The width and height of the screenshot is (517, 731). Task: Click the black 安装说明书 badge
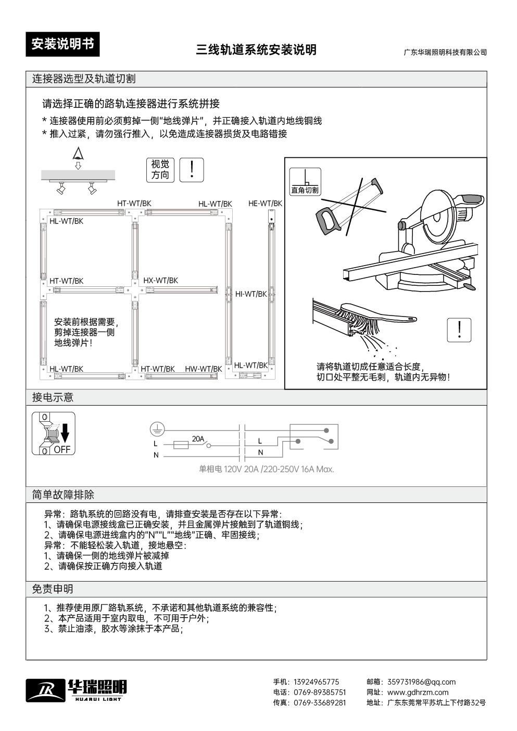(x=62, y=44)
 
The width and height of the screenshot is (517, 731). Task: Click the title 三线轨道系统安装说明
(x=256, y=50)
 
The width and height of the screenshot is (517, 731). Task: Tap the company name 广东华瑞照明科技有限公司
(x=445, y=53)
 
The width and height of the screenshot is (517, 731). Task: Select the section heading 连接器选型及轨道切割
(x=84, y=79)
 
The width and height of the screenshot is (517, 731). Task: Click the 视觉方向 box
(x=160, y=170)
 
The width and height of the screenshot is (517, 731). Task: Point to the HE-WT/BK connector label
(x=265, y=203)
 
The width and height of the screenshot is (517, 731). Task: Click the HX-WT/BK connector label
(x=160, y=281)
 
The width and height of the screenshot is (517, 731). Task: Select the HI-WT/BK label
(x=250, y=294)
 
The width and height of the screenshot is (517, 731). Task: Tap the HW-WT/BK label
(x=203, y=369)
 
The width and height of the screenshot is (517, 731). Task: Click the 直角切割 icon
(x=305, y=182)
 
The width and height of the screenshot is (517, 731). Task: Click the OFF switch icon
(x=54, y=433)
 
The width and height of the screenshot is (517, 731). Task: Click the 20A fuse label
(x=198, y=439)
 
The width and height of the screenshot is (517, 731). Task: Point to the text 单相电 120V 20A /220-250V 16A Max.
(x=266, y=469)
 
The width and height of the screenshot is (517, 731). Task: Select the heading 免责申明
(x=53, y=589)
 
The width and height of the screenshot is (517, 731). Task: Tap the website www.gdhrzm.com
(x=418, y=692)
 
